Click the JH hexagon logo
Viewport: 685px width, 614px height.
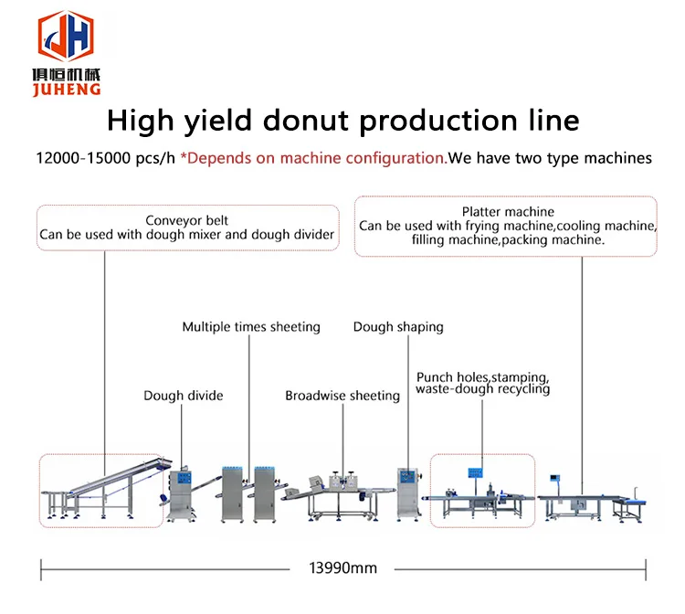tap(66, 36)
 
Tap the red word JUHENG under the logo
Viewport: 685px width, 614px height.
tap(67, 90)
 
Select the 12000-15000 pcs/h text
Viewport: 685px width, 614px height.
tap(105, 158)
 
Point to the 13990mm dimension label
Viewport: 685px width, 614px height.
tap(342, 567)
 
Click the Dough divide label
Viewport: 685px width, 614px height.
tap(184, 396)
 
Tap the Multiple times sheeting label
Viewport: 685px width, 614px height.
tap(251, 327)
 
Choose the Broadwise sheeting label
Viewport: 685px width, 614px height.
tap(342, 396)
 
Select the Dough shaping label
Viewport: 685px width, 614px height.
tap(398, 327)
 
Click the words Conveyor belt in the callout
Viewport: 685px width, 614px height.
tap(187, 220)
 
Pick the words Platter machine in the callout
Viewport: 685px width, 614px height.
tap(508, 211)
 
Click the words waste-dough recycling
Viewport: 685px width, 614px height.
tap(483, 389)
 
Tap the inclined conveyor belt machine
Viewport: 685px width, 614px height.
tap(106, 490)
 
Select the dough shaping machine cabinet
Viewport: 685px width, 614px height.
tap(409, 494)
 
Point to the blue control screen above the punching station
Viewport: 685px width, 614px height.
tap(475, 473)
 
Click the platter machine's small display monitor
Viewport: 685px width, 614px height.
tap(554, 478)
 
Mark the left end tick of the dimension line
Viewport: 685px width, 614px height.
tap(41, 570)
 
